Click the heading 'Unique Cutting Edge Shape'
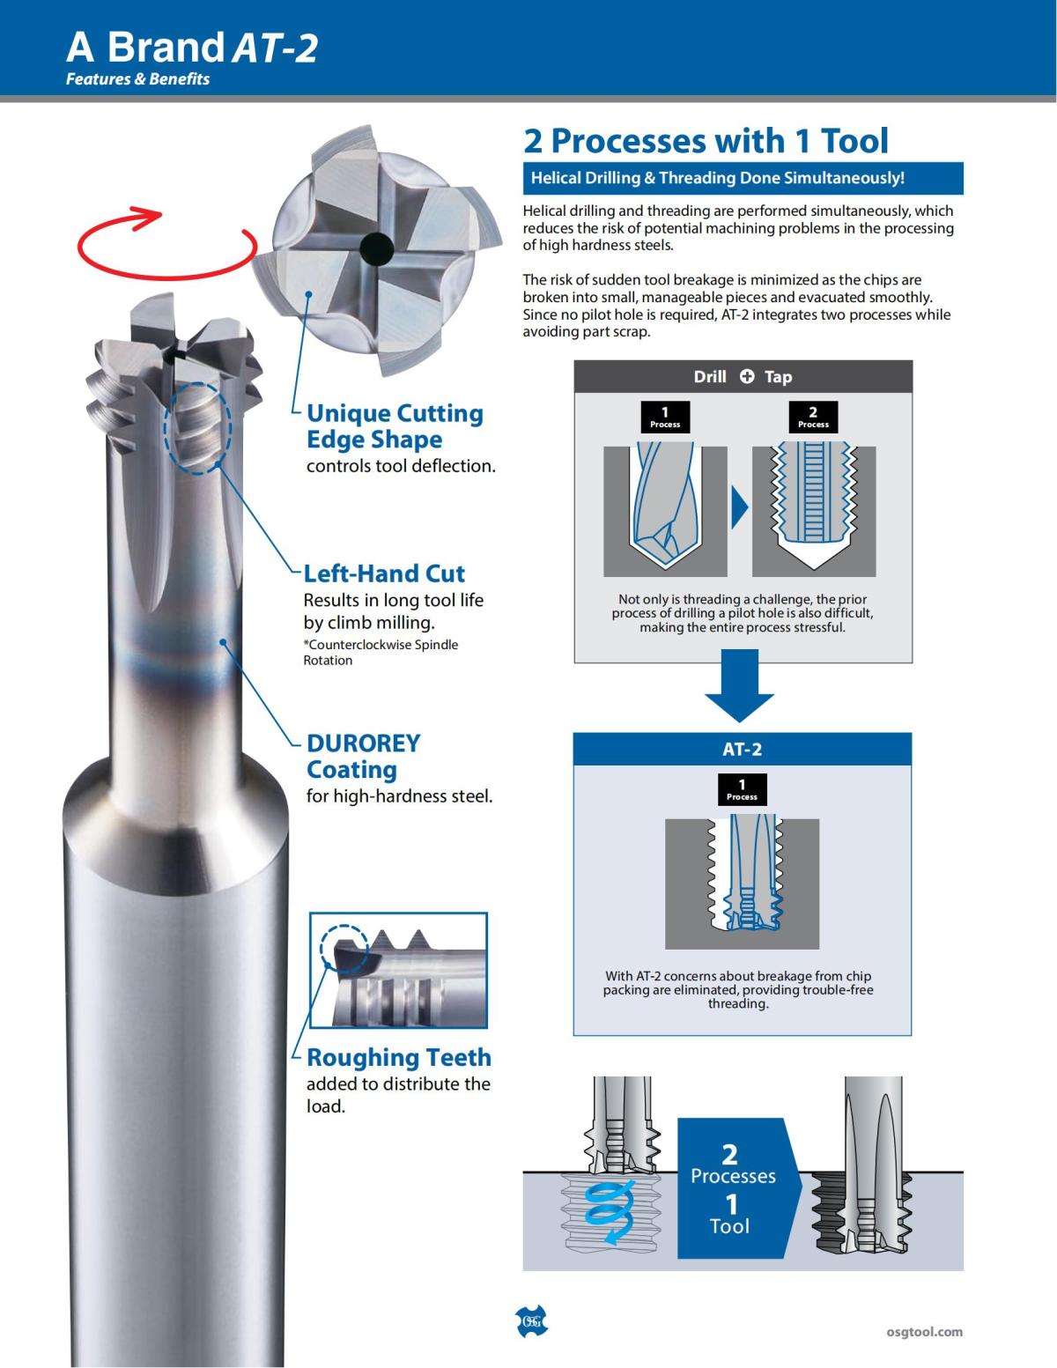(395, 426)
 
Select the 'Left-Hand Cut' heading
(384, 573)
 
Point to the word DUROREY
(363, 743)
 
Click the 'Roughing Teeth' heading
(398, 1057)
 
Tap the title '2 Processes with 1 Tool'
(706, 141)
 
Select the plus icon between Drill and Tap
(747, 377)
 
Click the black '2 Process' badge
(813, 416)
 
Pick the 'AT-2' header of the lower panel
(742, 750)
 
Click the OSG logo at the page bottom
(530, 1320)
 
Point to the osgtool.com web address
(924, 1332)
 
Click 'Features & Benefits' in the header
(137, 78)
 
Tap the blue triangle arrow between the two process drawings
(740, 509)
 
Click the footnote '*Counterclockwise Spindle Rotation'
(381, 653)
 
